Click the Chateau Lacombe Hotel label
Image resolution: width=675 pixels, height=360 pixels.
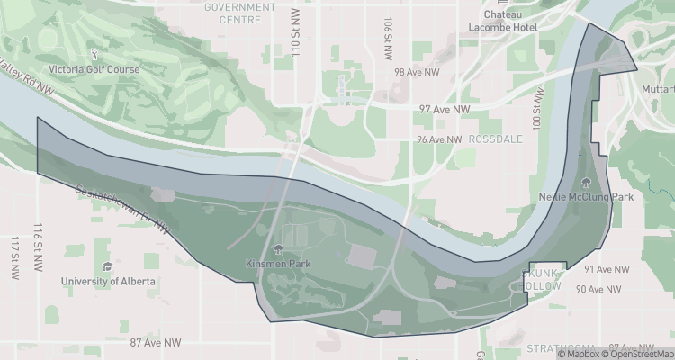click(x=509, y=21)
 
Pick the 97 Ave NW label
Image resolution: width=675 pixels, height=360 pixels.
click(x=445, y=109)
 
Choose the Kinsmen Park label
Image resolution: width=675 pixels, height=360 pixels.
click(x=277, y=265)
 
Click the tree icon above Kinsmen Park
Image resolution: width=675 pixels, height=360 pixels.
click(x=277, y=249)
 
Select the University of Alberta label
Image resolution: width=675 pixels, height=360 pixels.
click(x=108, y=282)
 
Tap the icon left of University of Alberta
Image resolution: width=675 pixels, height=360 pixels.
click(x=107, y=266)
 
